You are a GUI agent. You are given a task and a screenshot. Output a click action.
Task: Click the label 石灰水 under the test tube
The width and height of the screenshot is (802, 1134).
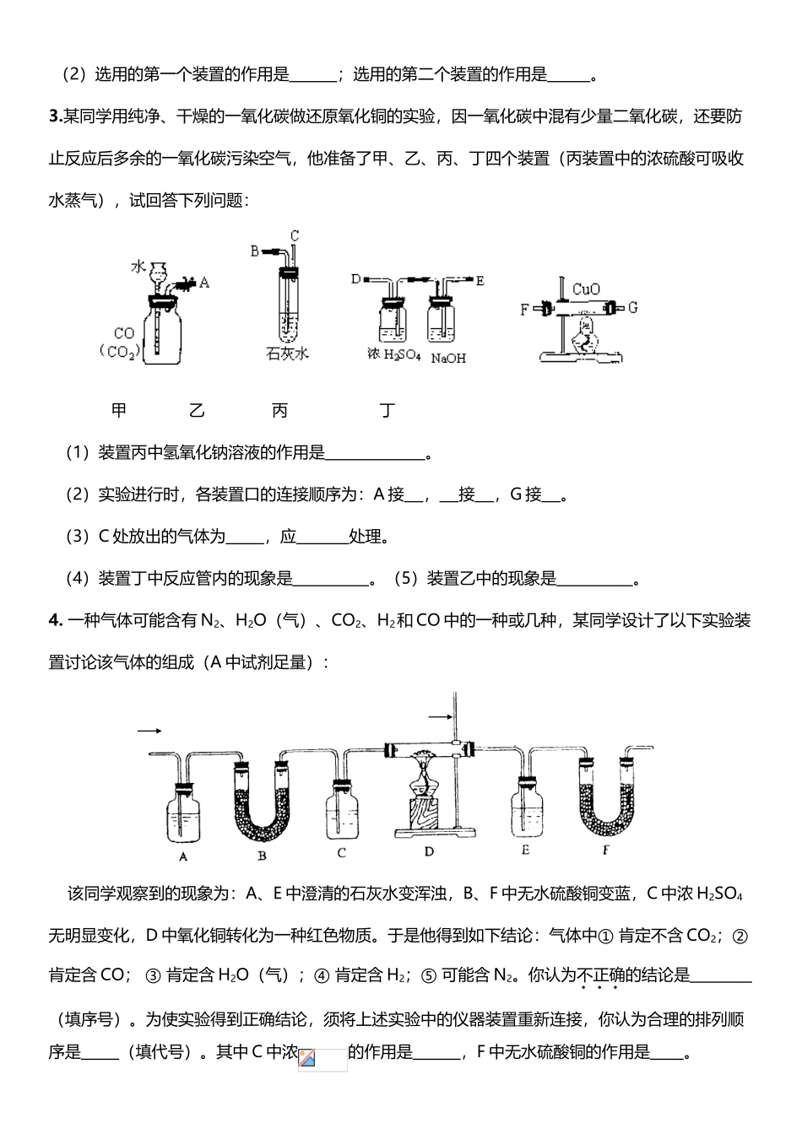coord(287,354)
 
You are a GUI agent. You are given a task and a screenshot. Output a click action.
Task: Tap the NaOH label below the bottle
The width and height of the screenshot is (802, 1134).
coord(448,359)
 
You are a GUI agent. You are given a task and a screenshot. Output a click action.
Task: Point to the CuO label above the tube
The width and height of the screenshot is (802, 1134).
coord(585,289)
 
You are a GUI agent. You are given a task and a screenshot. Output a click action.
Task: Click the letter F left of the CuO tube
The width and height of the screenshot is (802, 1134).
coord(524,309)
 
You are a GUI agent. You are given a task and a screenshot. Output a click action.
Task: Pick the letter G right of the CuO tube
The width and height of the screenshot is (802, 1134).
coord(633,307)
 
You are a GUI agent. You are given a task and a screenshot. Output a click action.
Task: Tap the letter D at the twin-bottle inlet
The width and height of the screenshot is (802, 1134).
coord(355,279)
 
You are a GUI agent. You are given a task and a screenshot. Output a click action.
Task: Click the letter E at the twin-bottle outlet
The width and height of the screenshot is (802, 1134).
coord(480,280)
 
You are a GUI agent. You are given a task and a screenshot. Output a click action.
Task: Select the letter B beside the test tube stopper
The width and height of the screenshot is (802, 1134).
coord(254,251)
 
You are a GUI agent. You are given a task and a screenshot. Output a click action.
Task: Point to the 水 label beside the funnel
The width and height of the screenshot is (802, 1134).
coord(138,267)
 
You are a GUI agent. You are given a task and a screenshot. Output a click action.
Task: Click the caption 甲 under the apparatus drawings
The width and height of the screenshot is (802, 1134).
coord(119,411)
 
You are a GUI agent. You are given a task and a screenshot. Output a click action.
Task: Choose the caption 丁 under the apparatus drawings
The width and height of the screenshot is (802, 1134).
coord(387,411)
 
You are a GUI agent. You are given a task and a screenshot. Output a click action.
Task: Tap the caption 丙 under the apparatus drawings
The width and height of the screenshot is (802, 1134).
coord(279,411)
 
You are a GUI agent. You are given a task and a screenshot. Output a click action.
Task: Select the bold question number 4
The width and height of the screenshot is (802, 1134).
coord(55,621)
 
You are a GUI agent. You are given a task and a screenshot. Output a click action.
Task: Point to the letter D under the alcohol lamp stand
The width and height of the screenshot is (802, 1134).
coord(429,851)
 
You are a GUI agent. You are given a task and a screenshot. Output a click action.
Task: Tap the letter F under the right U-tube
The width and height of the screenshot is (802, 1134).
coord(605,850)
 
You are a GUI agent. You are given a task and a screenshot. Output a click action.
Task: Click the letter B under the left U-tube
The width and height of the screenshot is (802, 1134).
coord(263,855)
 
